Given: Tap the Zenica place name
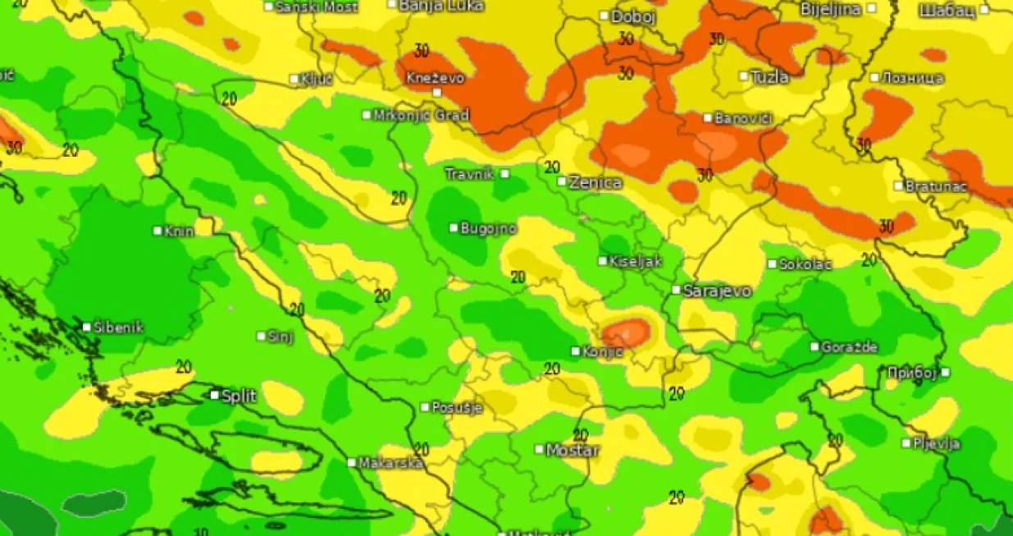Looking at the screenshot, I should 595,182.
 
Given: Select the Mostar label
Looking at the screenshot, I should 573,450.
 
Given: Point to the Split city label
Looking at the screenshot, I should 239,396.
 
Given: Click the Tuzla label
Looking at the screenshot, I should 769,77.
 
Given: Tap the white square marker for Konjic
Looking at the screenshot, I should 576,351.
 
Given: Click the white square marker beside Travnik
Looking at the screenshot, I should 504,173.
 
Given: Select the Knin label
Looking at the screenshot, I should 179,231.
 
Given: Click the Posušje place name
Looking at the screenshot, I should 457,407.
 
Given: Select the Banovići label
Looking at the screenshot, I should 743,118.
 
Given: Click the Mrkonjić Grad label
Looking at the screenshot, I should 421,115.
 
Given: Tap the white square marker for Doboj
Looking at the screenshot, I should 605,16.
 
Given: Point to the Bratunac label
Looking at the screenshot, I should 936,186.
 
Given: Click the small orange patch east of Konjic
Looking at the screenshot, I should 627,332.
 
